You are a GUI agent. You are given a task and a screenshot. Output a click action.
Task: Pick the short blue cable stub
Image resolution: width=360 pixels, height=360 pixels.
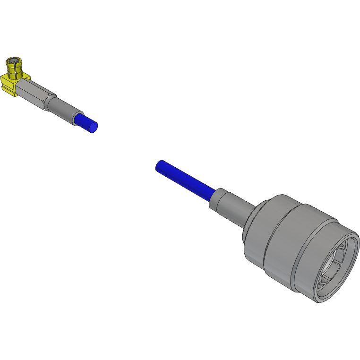pyautogui.click(x=86, y=122)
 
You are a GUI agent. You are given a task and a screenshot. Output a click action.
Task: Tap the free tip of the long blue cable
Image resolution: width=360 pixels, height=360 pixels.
pyautogui.click(x=160, y=166)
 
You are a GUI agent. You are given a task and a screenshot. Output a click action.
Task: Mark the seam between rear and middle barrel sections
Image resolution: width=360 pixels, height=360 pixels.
pyautogui.click(x=268, y=236)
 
